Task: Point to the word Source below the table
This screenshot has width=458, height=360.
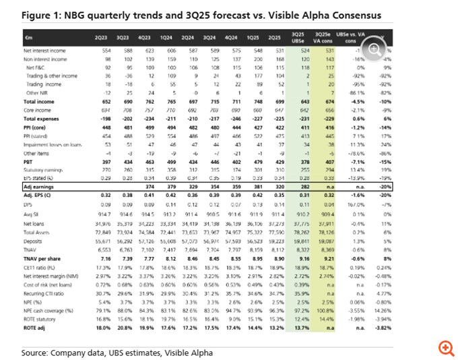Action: [x=37, y=352]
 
